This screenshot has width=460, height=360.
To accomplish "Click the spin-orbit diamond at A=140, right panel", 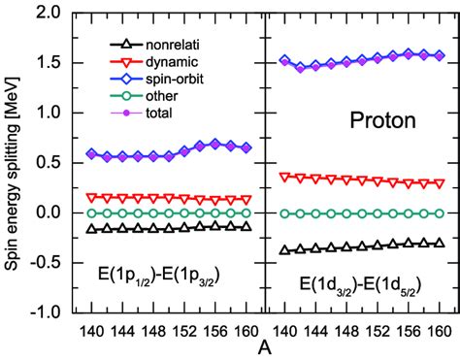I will tap(283, 60).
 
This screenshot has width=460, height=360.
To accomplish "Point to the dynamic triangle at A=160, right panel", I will tap(441, 182).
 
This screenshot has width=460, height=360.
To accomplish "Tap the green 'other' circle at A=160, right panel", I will tap(441, 213).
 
